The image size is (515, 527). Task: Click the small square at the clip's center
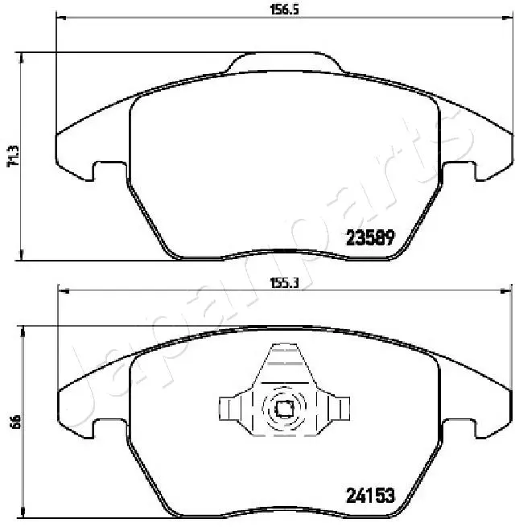(284, 409)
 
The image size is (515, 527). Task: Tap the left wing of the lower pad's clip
(234, 409)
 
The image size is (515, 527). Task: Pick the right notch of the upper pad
(459, 171)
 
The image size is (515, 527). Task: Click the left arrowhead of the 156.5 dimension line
(60, 18)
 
